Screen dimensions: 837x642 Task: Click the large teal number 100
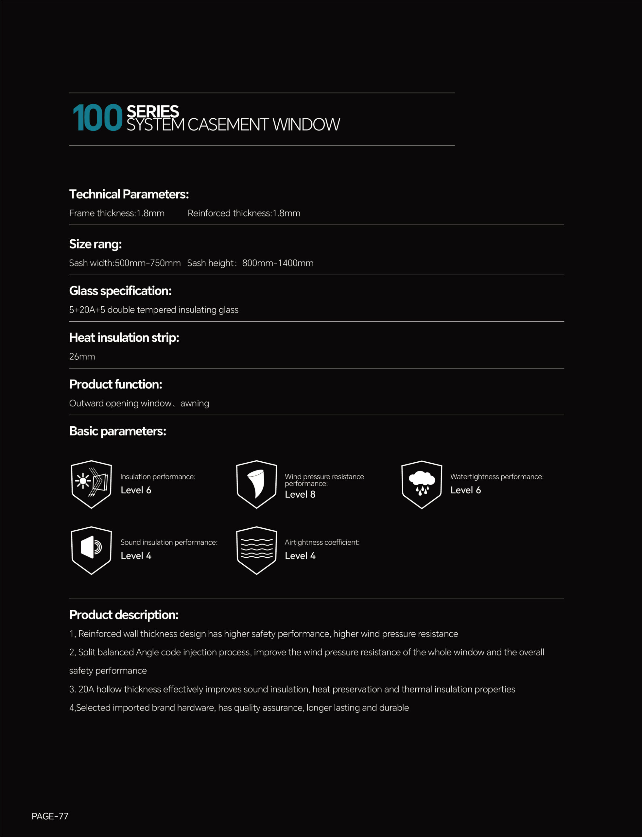[x=97, y=118]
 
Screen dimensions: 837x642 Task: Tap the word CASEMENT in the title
[x=228, y=125]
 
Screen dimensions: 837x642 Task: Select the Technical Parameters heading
[x=129, y=194]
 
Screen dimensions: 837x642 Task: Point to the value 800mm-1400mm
[x=277, y=263]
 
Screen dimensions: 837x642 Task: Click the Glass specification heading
[x=120, y=291]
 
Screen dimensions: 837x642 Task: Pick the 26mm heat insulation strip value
[x=82, y=356]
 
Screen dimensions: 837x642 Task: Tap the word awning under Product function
[x=195, y=403]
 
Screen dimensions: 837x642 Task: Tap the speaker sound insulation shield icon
[x=91, y=550]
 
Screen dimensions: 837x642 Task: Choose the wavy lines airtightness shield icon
[x=256, y=550]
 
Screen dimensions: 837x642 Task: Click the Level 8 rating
[x=300, y=494]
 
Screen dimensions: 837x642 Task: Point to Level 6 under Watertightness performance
[x=465, y=490]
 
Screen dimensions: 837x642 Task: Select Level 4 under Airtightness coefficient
[x=300, y=556]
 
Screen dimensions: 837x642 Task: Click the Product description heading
[x=124, y=615]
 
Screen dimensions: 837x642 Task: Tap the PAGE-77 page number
[x=50, y=816]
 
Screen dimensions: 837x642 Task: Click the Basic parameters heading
[x=118, y=431]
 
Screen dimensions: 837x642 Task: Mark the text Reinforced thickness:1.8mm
[x=244, y=213]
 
